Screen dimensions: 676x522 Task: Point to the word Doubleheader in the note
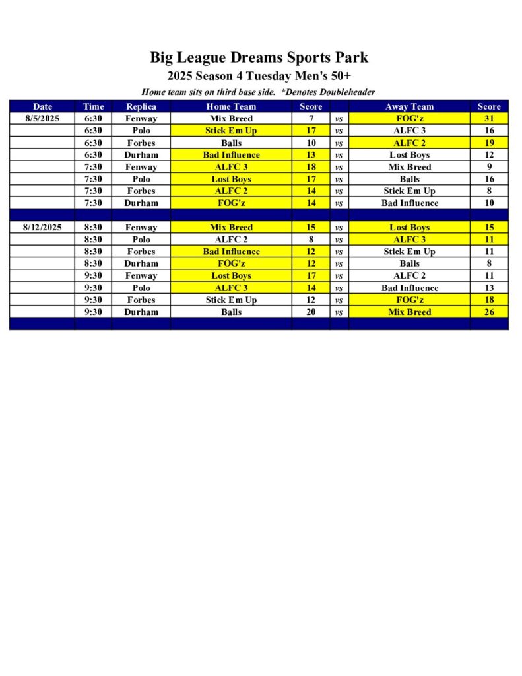tap(343, 92)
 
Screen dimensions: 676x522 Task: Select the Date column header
tap(42, 106)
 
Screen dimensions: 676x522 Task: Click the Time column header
tap(94, 106)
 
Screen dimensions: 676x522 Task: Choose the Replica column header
tap(141, 106)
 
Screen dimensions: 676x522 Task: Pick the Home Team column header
tap(231, 106)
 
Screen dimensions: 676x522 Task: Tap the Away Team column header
tap(409, 106)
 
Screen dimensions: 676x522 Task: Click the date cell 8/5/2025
tap(42, 119)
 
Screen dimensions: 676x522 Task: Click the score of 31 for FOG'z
tap(490, 119)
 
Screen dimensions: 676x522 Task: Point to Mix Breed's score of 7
tap(311, 119)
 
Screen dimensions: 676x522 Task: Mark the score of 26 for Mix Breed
tap(490, 312)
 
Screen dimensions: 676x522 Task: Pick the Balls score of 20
tap(311, 312)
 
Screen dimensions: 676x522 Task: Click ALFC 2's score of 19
tap(490, 143)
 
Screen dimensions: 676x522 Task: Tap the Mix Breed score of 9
tap(490, 167)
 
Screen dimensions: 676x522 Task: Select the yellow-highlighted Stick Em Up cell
tap(231, 131)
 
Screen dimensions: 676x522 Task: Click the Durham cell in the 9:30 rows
tap(141, 312)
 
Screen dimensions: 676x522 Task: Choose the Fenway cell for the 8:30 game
tap(141, 228)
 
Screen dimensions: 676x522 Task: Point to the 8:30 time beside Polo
tap(94, 240)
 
